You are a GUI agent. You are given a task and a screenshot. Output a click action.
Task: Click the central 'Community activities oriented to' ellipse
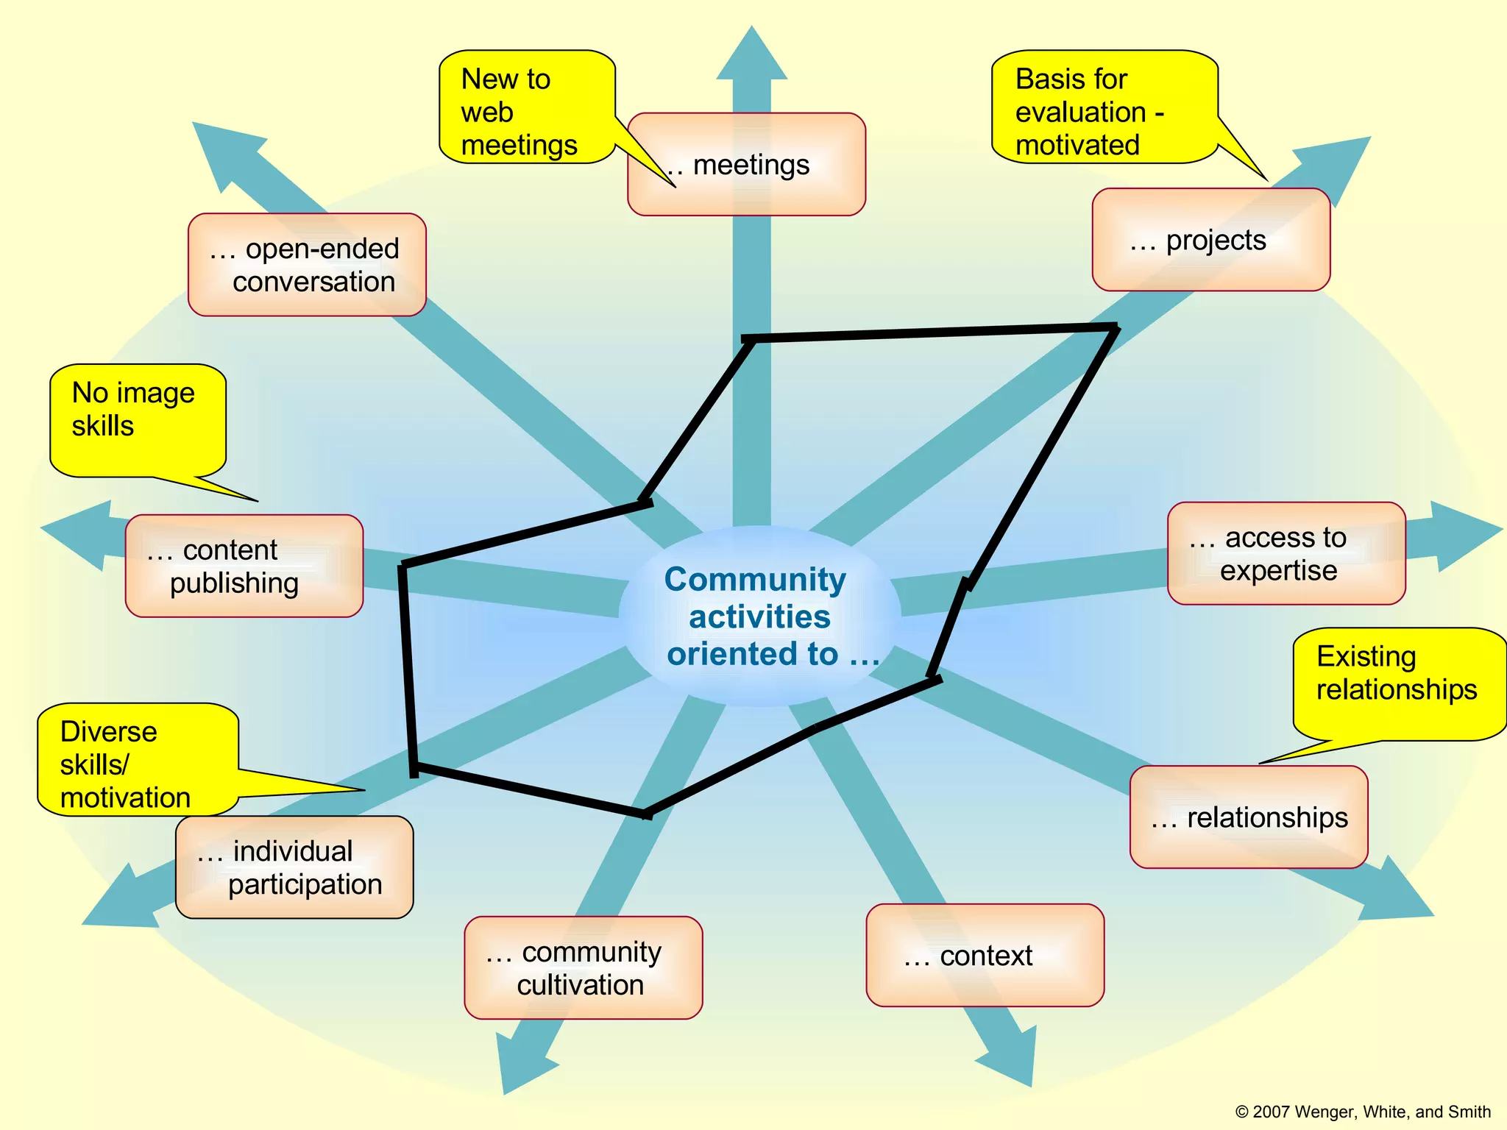point(759,616)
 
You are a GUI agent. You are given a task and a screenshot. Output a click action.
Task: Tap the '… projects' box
point(1210,240)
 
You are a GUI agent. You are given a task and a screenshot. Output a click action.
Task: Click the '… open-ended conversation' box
point(307,265)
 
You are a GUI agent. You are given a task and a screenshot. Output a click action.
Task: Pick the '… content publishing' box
point(244,566)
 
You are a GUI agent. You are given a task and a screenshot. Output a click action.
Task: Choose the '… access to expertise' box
point(1286,553)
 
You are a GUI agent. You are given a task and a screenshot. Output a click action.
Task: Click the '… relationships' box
point(1249,817)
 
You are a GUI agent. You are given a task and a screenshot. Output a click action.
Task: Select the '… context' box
point(985,956)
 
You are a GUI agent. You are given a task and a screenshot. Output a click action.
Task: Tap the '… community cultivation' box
point(583,967)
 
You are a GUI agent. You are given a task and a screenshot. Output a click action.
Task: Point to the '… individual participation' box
point(294,867)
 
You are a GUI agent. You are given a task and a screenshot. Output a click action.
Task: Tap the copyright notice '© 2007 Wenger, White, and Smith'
point(1363,1112)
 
